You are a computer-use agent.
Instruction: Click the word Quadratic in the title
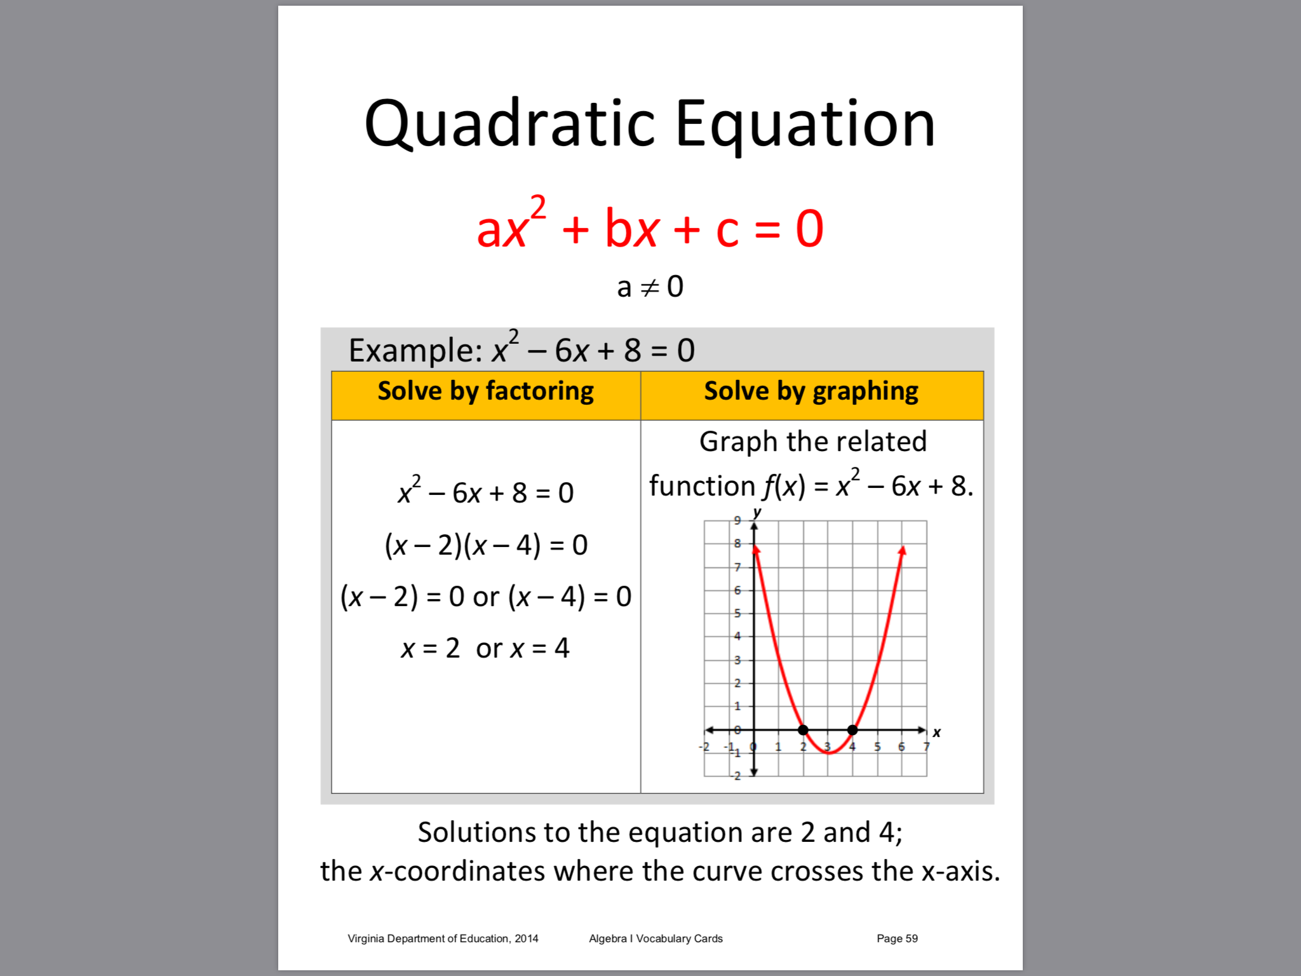509,125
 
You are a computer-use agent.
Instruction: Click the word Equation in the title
805,125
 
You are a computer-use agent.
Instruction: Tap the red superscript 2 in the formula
538,207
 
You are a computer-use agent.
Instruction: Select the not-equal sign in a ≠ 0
650,288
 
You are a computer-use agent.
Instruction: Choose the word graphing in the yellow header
865,391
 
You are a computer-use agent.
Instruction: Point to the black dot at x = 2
803,730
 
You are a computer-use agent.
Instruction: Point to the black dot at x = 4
853,730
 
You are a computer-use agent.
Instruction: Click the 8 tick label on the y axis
738,543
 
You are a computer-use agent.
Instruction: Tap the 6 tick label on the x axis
901,747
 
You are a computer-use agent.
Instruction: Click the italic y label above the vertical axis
757,512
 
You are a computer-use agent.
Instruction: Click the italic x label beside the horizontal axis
936,732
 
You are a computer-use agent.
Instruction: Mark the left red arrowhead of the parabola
756,549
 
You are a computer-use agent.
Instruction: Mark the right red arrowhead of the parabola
902,550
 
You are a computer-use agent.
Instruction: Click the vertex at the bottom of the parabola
828,753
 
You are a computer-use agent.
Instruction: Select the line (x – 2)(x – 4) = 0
486,545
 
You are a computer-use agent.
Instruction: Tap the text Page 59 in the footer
897,939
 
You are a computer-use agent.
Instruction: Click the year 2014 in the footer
527,939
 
